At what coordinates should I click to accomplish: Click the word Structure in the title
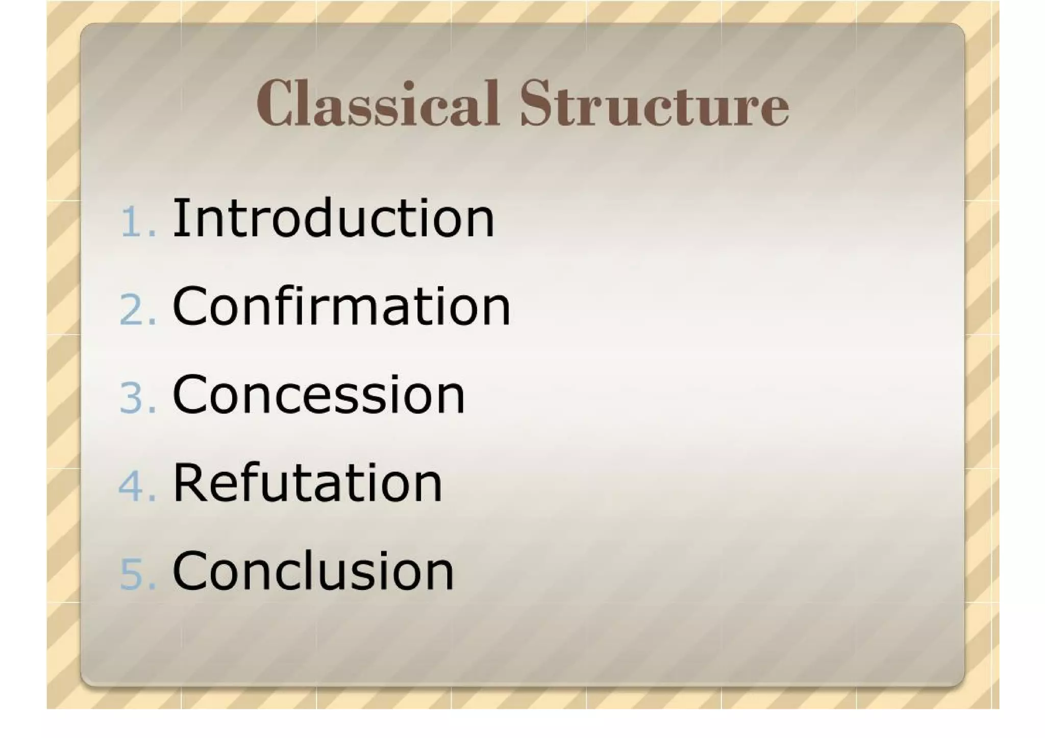(654, 105)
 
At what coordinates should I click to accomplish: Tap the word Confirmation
(341, 306)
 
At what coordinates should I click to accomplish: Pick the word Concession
(319, 394)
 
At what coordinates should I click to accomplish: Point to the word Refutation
(308, 482)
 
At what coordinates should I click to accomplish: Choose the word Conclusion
(313, 571)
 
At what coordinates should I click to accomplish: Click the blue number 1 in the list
(132, 222)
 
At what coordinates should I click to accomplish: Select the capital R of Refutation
(189, 482)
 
